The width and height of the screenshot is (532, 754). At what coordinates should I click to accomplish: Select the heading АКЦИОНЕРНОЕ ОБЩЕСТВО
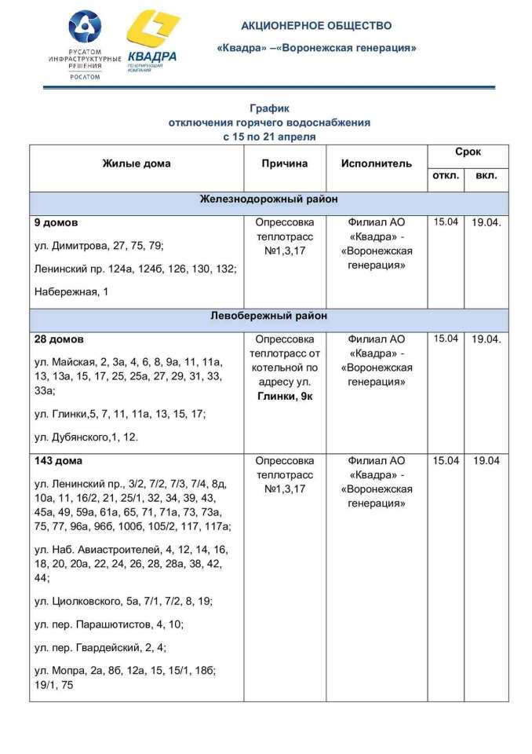click(x=316, y=26)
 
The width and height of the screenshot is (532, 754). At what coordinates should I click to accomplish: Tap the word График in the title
click(x=269, y=109)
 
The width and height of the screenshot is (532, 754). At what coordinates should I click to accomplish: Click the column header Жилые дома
click(x=136, y=164)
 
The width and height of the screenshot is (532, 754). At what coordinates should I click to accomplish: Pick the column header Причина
click(x=285, y=164)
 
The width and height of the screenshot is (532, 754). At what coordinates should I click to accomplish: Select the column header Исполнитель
click(x=376, y=164)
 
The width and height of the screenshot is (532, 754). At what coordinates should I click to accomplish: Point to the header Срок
click(x=468, y=152)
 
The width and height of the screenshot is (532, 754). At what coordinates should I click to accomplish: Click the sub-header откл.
click(x=446, y=177)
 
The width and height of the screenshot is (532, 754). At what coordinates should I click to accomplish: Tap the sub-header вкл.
click(x=486, y=177)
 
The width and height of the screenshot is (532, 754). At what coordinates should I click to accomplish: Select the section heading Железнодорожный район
click(x=268, y=199)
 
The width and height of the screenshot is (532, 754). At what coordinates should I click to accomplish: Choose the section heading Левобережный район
click(x=268, y=316)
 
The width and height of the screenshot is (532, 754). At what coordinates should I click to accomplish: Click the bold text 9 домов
click(x=56, y=223)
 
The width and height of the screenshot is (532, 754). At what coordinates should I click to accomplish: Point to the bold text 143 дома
click(x=59, y=460)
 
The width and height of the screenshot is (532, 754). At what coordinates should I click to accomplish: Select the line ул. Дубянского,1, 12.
click(x=86, y=437)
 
